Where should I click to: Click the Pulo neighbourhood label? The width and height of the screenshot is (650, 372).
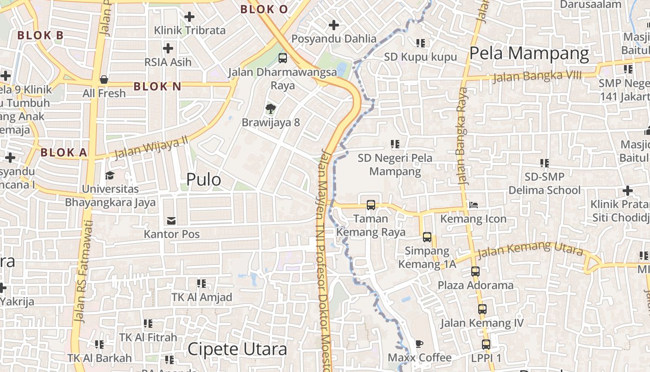click(203, 179)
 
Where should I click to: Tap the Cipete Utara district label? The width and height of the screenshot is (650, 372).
click(237, 349)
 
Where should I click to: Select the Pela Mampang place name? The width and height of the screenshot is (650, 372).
click(529, 53)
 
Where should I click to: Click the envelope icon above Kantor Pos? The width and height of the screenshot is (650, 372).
click(172, 220)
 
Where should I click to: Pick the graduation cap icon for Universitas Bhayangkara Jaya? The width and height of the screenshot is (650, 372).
click(110, 175)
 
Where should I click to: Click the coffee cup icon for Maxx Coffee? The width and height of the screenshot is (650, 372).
click(419, 344)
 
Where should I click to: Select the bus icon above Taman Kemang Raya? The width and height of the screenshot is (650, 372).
click(370, 205)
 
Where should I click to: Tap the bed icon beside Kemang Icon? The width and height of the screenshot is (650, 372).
click(473, 205)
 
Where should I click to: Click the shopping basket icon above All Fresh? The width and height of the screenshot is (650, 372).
click(104, 80)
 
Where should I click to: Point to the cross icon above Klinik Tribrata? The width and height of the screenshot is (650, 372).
click(189, 17)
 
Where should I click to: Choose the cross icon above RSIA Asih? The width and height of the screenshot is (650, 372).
click(168, 48)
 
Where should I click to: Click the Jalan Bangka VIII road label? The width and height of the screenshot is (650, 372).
click(537, 76)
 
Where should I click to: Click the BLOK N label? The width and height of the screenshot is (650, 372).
click(157, 86)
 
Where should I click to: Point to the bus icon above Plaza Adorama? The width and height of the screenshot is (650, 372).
click(475, 271)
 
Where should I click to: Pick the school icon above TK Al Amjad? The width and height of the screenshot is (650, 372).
click(201, 283)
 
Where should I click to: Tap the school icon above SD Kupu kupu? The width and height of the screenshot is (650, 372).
click(421, 43)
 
